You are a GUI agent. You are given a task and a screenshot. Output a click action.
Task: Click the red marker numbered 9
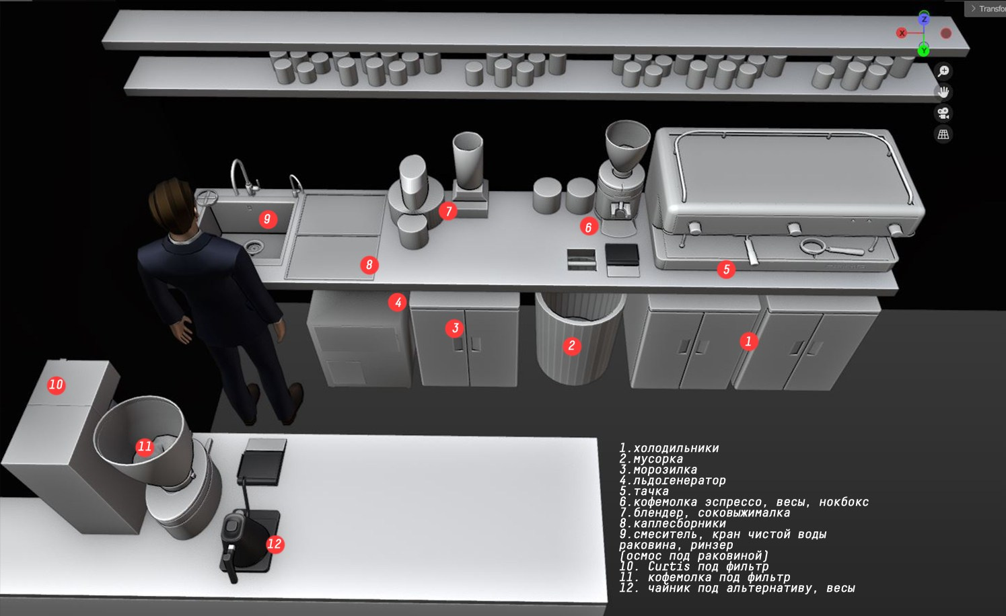pos(268,219)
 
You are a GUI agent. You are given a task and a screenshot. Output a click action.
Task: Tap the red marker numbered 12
pos(275,544)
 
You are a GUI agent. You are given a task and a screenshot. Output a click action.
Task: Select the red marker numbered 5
pos(726,270)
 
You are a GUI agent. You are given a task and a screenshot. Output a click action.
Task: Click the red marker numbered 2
pos(572,346)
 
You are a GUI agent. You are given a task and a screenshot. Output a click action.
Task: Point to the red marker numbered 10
pos(56,385)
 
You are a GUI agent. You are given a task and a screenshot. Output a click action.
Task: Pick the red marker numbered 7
pos(449,210)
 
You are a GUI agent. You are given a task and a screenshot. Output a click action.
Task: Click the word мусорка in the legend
pos(658,459)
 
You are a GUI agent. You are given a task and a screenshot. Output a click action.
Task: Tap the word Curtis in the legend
pos(668,566)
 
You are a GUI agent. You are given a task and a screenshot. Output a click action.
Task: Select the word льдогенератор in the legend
pos(680,480)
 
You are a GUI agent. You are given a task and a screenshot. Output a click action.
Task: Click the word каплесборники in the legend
pos(680,523)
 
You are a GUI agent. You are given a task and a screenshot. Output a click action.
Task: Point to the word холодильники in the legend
pos(676,448)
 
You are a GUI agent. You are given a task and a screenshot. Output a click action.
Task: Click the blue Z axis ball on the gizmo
pos(924,19)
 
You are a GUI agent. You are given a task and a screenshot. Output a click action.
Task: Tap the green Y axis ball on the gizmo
pos(923,50)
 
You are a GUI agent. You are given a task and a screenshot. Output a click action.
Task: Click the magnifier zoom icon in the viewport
pos(943,71)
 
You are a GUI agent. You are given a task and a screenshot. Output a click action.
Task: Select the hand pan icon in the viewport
pos(943,92)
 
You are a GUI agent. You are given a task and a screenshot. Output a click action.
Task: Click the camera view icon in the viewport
pos(943,113)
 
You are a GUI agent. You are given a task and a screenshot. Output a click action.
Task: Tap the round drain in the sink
pos(254,245)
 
